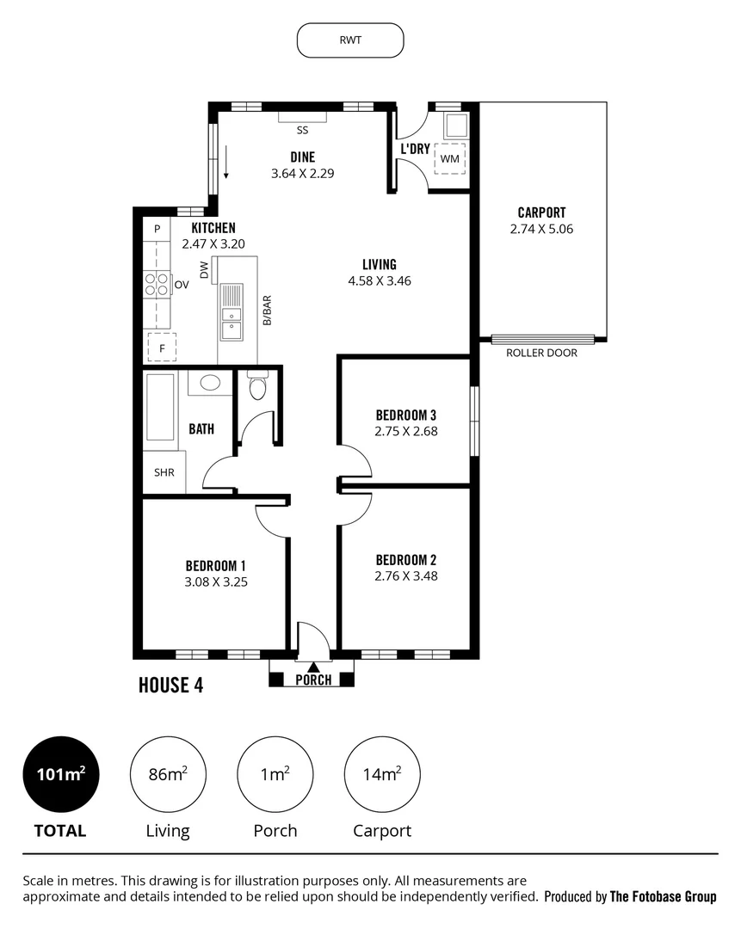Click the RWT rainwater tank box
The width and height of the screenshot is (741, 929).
tap(350, 40)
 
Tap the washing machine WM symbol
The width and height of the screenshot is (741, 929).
tap(449, 159)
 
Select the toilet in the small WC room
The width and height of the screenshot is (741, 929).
tap(256, 387)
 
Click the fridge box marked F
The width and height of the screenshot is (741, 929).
tap(161, 348)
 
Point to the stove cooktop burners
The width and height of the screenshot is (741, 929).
tap(157, 284)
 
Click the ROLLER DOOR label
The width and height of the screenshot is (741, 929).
tap(541, 353)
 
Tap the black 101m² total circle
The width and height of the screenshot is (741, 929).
tap(60, 775)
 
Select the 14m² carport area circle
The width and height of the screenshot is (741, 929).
tap(382, 775)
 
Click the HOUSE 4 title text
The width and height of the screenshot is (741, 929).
tap(171, 686)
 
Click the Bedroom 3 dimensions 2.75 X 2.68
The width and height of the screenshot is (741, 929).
tap(406, 432)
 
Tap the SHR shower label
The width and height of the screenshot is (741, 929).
tap(164, 472)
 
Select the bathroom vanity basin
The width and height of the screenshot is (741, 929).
tap(209, 384)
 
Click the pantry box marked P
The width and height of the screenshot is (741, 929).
tap(157, 229)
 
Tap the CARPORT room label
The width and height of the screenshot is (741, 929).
tap(541, 212)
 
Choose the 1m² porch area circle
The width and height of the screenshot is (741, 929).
tap(275, 775)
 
